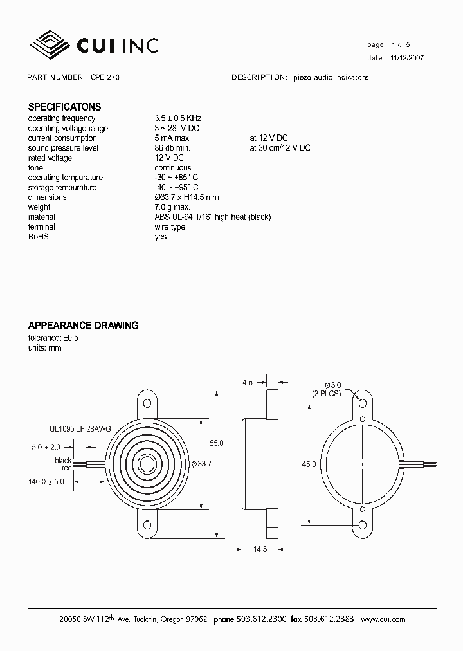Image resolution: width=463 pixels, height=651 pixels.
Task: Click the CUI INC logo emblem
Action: (51, 44)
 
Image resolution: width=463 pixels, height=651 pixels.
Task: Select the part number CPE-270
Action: (105, 77)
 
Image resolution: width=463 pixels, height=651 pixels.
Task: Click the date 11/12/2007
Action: (406, 57)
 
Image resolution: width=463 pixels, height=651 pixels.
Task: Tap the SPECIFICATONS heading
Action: (64, 107)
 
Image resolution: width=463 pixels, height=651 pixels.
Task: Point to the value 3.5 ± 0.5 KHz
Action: (178, 118)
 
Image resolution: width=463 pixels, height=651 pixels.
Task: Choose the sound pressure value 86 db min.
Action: (172, 148)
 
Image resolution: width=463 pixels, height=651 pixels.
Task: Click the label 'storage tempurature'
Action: (62, 188)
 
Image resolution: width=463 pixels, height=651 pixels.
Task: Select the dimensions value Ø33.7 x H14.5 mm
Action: (187, 197)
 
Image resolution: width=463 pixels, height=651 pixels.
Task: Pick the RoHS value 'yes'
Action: (161, 237)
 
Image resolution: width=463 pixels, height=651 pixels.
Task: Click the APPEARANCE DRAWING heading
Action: (83, 325)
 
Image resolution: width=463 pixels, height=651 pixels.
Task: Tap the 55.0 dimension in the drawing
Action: (217, 443)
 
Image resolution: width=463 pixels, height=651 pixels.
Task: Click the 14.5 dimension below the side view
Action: (258, 549)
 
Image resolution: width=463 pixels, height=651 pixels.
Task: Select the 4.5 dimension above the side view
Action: (248, 383)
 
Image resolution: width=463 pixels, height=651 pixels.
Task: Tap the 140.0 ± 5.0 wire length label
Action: (46, 481)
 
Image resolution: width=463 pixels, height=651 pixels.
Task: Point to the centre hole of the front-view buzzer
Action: (148, 463)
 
